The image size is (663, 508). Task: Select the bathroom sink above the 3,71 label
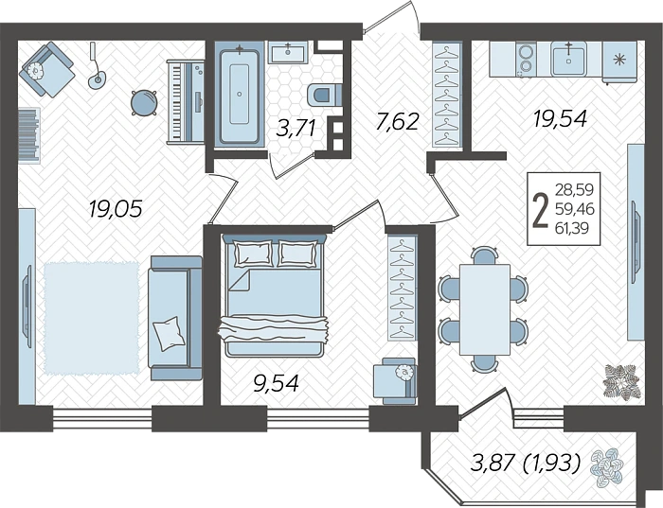(289, 53)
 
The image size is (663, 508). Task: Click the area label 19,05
(115, 209)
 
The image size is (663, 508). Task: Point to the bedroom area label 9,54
(276, 383)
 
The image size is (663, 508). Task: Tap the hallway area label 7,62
(397, 122)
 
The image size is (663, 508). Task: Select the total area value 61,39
(572, 228)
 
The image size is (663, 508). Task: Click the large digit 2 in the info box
(539, 210)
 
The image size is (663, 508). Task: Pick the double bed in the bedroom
(273, 294)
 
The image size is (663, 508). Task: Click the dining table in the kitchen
(485, 309)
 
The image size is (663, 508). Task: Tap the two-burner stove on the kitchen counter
(526, 60)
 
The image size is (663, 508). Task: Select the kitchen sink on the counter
(569, 59)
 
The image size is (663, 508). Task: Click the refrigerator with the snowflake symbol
(619, 62)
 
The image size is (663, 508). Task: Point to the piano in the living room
(186, 101)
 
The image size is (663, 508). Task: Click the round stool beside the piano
(144, 102)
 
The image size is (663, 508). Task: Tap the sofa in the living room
(175, 318)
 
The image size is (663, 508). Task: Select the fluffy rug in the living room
(91, 318)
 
